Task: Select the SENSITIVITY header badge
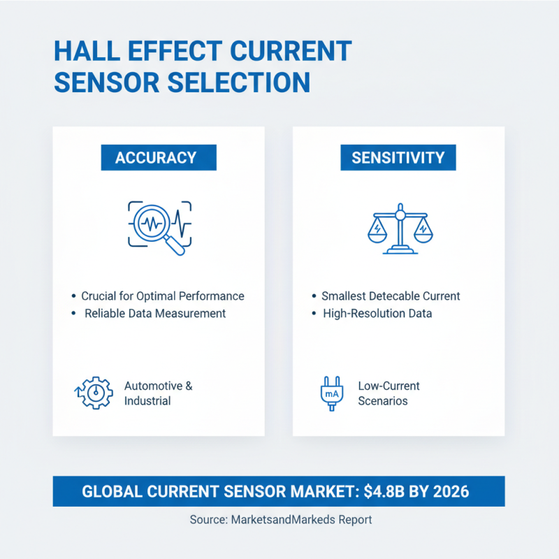click(x=398, y=157)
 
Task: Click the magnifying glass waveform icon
click(x=159, y=225)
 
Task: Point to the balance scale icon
click(x=400, y=228)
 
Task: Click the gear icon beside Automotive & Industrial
click(x=93, y=393)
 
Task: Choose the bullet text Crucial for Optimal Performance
click(x=163, y=296)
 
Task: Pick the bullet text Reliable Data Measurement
click(x=155, y=314)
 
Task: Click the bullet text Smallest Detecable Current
click(x=391, y=296)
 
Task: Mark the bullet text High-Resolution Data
click(x=377, y=314)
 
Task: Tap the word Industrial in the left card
click(x=147, y=401)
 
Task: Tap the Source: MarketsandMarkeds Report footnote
click(x=280, y=520)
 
